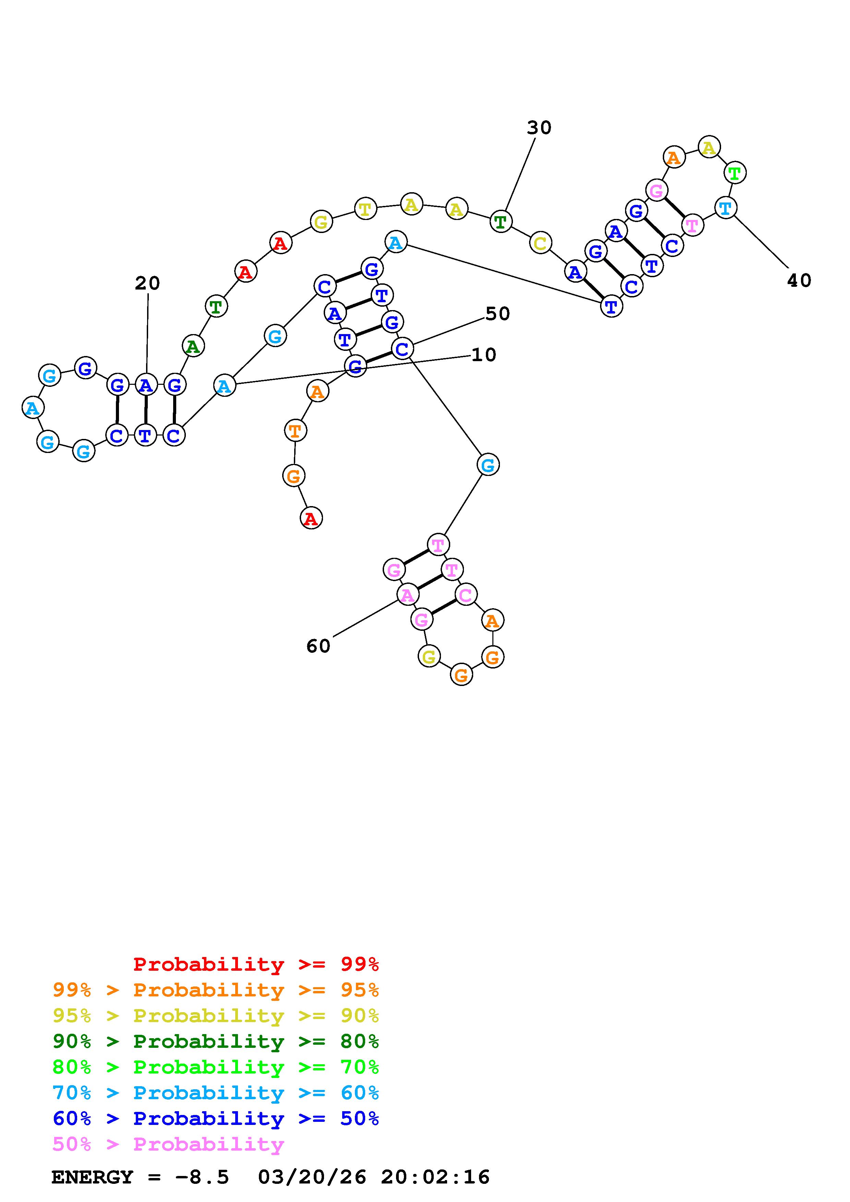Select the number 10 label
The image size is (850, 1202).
(483, 355)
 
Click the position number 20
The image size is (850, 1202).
(147, 284)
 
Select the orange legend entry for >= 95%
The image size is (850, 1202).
(216, 990)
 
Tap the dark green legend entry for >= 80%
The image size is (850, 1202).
(216, 1041)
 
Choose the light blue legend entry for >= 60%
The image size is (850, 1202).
(216, 1093)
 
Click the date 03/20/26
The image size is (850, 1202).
(312, 1177)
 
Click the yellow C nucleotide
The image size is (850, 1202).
(540, 243)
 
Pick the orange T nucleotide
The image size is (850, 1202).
(295, 431)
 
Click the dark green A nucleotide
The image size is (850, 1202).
(193, 346)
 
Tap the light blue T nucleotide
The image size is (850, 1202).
(725, 208)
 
